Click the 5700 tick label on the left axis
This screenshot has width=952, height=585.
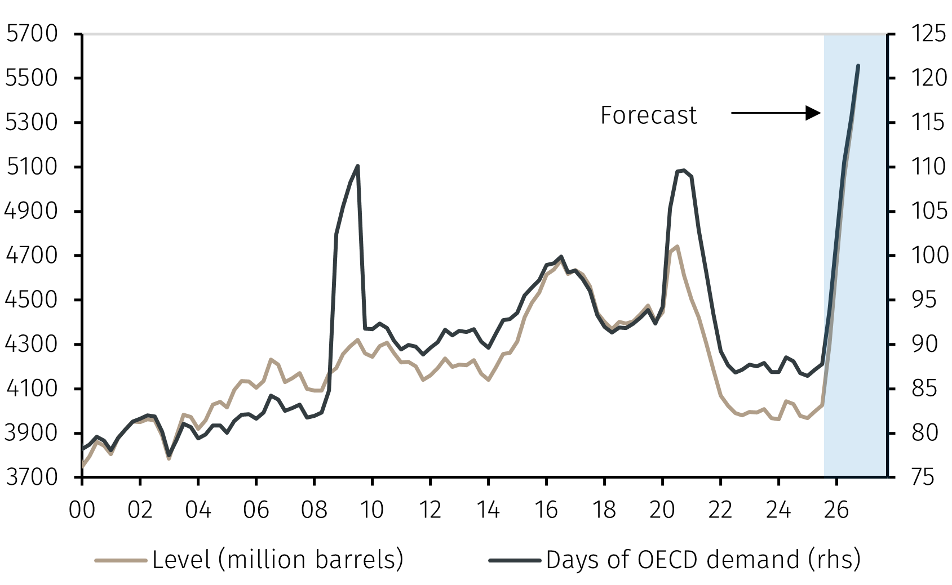point(32,34)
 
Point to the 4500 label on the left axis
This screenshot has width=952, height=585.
point(32,300)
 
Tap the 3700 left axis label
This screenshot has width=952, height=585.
point(32,477)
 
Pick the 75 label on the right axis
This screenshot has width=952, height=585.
point(922,477)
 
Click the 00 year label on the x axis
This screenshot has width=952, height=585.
point(82,510)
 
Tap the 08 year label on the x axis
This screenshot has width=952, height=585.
point(314,510)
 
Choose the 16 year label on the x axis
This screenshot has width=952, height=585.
point(546,510)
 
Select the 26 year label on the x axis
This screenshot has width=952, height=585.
point(836,510)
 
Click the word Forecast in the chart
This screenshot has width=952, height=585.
point(648,115)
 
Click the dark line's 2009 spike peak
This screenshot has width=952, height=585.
point(358,166)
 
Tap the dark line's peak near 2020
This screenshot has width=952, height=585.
point(683,170)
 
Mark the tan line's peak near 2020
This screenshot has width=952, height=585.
point(676,247)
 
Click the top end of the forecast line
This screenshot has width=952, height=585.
point(858,66)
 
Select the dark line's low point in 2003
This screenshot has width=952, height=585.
point(169,456)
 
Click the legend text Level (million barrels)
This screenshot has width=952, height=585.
point(278,560)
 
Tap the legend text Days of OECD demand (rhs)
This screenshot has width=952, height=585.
point(703,560)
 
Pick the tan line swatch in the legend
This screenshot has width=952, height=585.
point(121,560)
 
